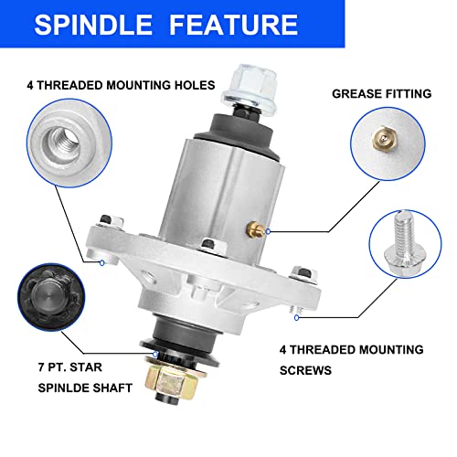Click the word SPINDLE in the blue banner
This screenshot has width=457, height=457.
click(93, 25)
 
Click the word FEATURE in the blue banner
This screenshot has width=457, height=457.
click(234, 25)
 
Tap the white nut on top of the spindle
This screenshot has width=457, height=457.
click(250, 89)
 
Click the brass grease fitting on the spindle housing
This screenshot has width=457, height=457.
click(255, 229)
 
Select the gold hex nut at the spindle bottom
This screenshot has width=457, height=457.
click(171, 381)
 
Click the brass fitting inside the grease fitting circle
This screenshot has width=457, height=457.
click(385, 139)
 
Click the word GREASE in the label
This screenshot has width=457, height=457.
click(355, 93)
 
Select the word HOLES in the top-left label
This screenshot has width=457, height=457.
click(195, 85)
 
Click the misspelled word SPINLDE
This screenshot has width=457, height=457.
click(63, 388)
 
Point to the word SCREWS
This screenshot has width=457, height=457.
click(305, 370)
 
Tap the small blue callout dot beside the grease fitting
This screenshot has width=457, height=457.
click(268, 231)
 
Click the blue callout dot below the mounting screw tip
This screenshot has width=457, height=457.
click(297, 318)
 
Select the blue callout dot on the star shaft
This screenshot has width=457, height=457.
click(155, 355)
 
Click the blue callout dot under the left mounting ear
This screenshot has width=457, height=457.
click(102, 262)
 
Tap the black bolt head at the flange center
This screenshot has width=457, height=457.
click(208, 243)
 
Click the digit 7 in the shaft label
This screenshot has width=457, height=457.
click(41, 367)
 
